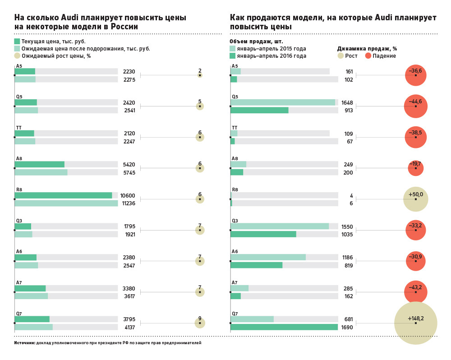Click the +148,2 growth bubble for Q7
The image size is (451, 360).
pos(415,323)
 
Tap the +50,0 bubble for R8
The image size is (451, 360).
pos(415,199)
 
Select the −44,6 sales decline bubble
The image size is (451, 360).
pos(415,106)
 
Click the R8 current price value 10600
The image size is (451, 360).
pos(128,196)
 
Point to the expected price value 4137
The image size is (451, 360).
pos(129,328)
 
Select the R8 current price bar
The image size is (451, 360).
pos(63,195)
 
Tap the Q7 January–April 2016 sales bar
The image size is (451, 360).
pos(284,327)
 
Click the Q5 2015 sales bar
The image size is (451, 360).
pos(282,102)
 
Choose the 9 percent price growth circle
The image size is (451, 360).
pos(200,323)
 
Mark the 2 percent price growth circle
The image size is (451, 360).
pos(200,75)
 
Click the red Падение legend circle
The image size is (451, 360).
pos(368,56)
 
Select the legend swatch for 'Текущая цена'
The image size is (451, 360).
pos(17,41)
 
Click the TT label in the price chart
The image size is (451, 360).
pos(19,128)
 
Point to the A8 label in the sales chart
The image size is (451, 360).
pos(235,159)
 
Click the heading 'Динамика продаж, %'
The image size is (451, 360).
pos(367,48)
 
